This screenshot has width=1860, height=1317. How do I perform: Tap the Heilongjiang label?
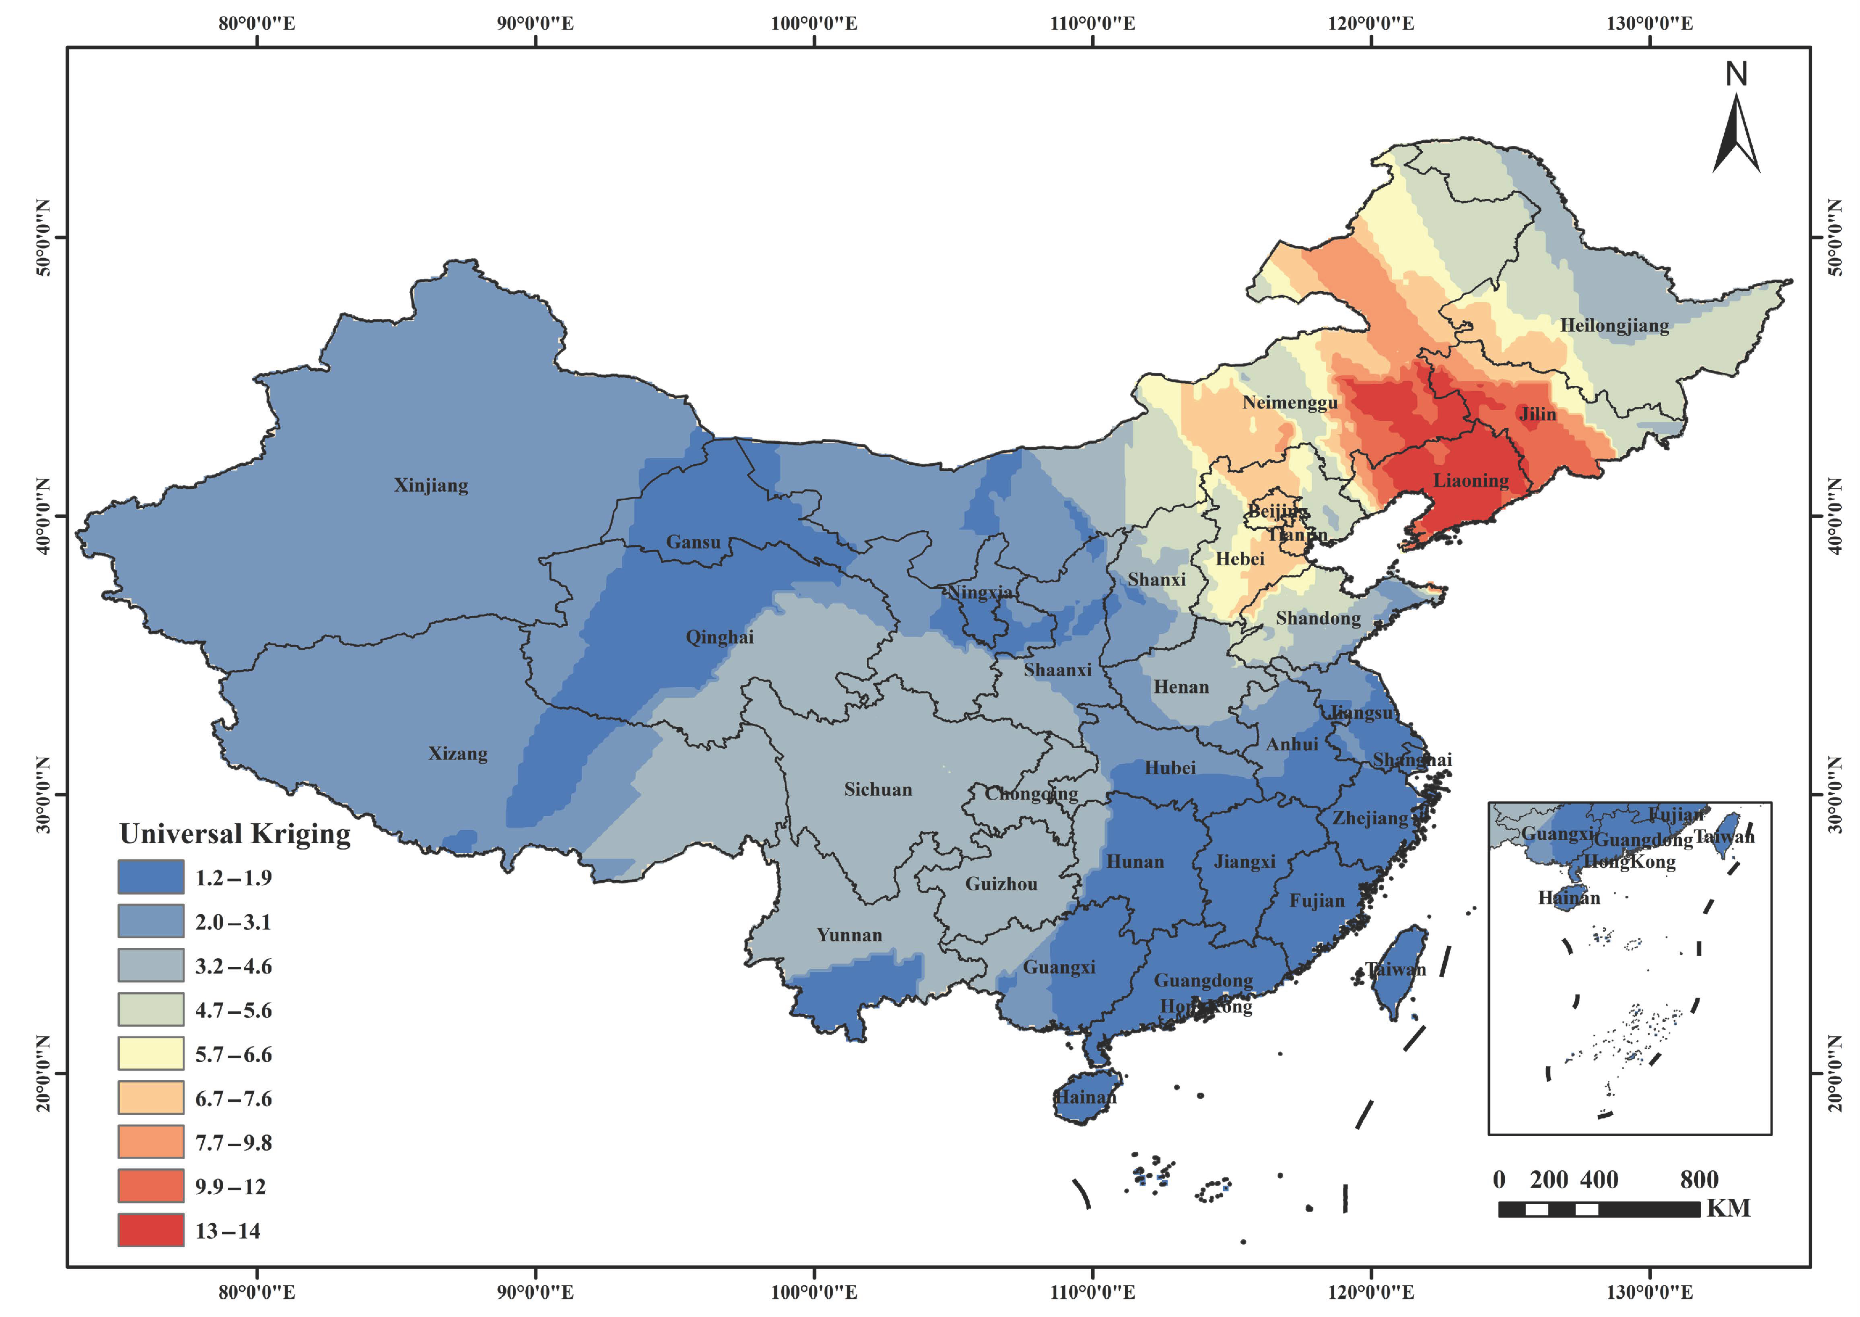click(1614, 325)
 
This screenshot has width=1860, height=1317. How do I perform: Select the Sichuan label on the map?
click(877, 789)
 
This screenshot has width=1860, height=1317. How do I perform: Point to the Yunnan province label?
click(849, 934)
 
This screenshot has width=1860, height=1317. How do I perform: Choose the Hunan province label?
click(1135, 861)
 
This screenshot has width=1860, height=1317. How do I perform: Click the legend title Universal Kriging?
click(235, 833)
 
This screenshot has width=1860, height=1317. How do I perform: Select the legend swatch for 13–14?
click(151, 1230)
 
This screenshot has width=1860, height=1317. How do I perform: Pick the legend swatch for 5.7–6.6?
click(151, 1053)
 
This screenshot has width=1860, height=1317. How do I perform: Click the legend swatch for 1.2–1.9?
click(151, 876)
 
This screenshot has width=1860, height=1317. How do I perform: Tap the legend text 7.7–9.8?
click(233, 1142)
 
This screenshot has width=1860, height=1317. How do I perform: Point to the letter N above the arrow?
click(1735, 75)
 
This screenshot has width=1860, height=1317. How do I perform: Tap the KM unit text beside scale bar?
click(1728, 1209)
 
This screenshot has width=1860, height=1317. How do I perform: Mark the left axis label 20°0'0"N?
click(42, 1073)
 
